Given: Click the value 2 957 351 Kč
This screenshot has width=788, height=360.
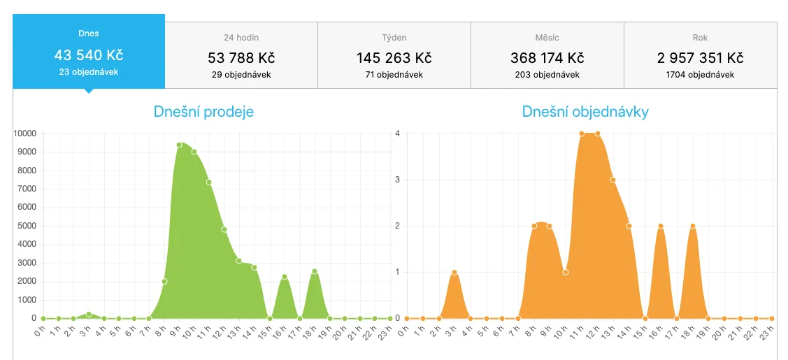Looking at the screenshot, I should point(700,58).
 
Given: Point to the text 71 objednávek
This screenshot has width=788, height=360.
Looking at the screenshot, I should point(394,74).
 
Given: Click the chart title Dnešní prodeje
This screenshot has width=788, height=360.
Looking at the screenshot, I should point(203,111).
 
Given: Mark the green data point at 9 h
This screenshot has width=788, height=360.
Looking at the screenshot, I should point(179,145).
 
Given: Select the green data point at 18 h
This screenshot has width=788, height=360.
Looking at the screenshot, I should point(315,271).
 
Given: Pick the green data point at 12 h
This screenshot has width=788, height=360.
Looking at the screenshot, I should point(224,229).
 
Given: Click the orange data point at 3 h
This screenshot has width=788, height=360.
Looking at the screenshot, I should point(454,272).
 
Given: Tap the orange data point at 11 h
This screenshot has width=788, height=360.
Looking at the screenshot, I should point(581,134).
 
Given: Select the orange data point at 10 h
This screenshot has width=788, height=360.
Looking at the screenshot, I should point(566,272).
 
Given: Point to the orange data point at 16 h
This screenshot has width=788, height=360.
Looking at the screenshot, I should point(661,226).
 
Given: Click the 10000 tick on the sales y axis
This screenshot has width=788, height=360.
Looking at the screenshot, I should point(24,134).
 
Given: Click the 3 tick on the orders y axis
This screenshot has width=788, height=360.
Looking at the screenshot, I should point(396,180).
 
